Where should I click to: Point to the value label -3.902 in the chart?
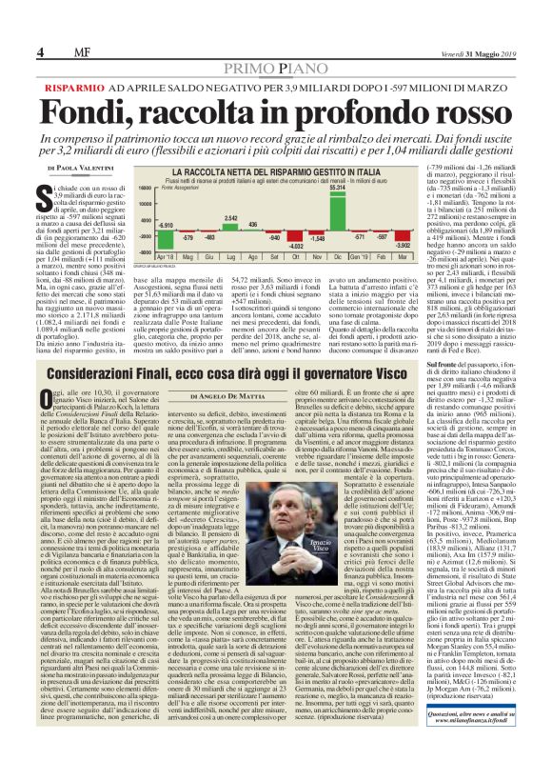tap(402, 244)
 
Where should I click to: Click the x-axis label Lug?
tap(228, 256)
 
